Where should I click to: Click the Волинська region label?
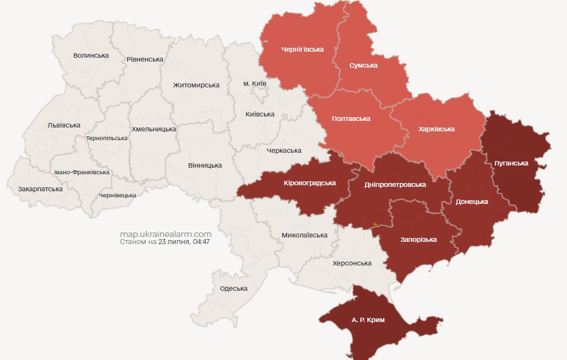[x=91, y=56]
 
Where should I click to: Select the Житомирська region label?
[x=196, y=85]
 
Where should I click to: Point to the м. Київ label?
[x=255, y=84]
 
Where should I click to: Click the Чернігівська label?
[x=302, y=49]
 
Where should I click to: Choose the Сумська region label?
[x=364, y=65]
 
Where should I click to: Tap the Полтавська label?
[x=351, y=119]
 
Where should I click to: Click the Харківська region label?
[x=436, y=129]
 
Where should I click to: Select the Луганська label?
[x=511, y=163]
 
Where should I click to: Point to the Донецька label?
[x=472, y=202]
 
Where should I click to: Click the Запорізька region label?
[x=419, y=240]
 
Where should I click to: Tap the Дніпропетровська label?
[x=395, y=185]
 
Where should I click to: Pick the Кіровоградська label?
[x=310, y=183]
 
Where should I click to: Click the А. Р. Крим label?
[x=368, y=319]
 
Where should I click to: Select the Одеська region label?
[x=234, y=289]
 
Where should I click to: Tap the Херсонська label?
[x=352, y=263]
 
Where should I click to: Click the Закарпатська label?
[x=40, y=189]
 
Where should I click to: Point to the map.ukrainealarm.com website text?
[x=166, y=234]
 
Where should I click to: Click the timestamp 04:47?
[x=201, y=242]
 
